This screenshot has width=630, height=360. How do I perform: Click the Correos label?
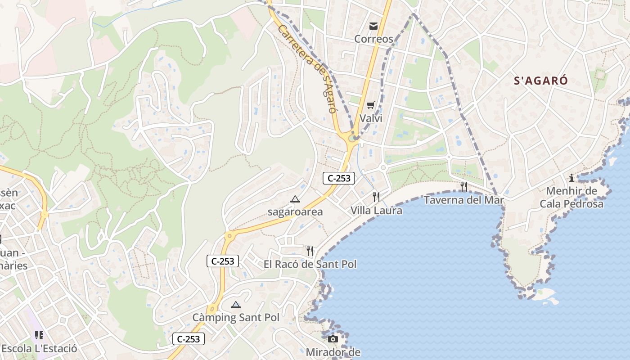coord(373,39)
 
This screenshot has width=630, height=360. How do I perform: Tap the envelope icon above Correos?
coord(373,26)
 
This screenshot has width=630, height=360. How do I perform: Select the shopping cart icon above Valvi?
coord(370,105)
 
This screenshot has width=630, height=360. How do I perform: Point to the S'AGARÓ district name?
coord(541,81)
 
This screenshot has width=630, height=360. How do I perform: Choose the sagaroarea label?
coord(295,212)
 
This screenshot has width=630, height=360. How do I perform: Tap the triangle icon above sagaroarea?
coord(295,199)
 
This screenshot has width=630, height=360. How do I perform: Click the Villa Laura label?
coord(376,210)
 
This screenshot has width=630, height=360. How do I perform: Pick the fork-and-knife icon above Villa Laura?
coord(376,197)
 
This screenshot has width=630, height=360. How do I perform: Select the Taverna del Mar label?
coord(463,200)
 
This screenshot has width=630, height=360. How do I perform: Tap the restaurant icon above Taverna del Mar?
coord(463,186)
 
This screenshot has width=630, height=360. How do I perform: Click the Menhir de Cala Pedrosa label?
coord(571,198)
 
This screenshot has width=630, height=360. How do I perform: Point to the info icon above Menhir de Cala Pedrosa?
coord(571,178)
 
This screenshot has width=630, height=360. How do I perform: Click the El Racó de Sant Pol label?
coord(310,264)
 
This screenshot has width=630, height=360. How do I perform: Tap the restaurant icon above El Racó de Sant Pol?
coord(310,251)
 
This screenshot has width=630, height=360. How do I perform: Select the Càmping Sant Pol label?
coord(236,318)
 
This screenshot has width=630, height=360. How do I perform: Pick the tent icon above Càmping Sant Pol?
coord(236,305)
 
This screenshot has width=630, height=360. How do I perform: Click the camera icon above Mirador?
coord(333,339)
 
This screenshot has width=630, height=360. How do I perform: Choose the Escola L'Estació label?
coord(39,349)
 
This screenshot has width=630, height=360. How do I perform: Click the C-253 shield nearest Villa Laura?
coord(339,178)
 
